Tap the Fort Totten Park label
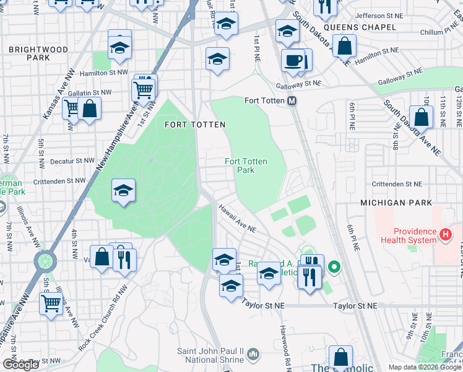246,166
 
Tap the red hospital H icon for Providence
444,235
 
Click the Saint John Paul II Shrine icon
253,354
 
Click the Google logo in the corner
20,365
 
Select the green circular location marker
334,268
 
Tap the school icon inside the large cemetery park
123,191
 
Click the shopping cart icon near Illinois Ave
50,304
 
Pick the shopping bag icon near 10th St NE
421,117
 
